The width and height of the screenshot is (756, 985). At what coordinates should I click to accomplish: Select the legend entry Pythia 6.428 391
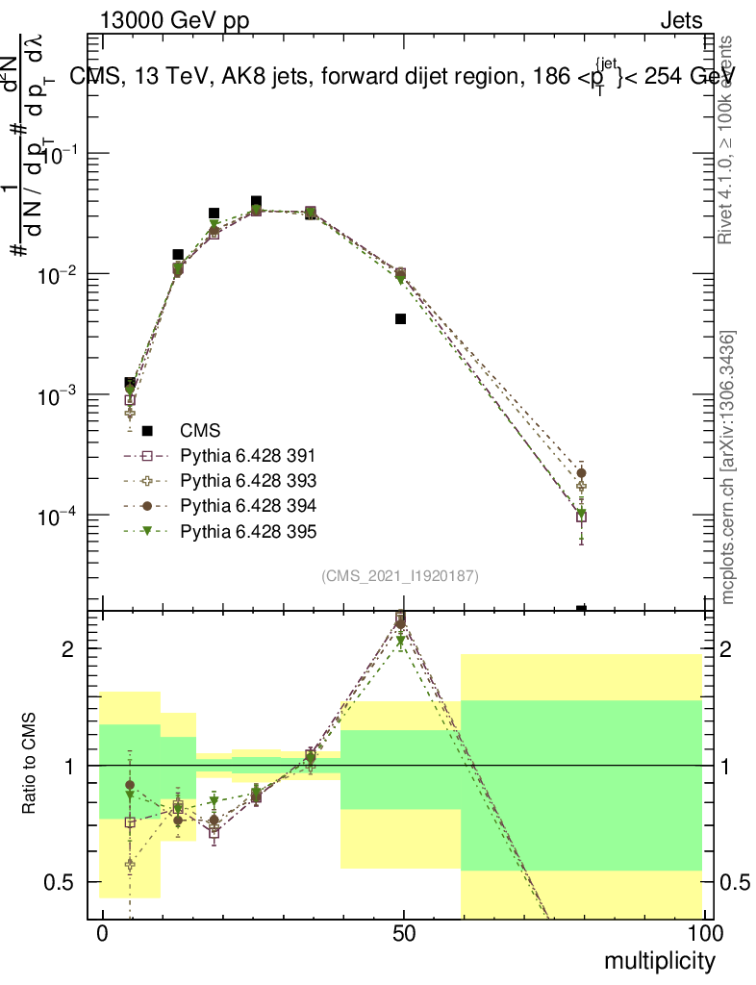pos(248,456)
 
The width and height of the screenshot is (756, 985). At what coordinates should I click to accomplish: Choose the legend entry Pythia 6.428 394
pos(248,506)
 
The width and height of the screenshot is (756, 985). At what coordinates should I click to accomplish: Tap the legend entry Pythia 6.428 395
pos(248,531)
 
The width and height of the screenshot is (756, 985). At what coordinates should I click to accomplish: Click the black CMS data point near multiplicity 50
pos(400,318)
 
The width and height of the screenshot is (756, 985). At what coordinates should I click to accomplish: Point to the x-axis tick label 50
pos(404,934)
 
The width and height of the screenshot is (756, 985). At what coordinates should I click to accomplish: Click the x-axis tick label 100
pos(704,934)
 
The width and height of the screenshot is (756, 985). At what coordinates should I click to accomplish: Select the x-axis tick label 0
pos(102,934)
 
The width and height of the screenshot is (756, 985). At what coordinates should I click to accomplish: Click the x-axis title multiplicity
pos(660,961)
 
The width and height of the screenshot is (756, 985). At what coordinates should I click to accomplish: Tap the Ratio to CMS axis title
pos(30,764)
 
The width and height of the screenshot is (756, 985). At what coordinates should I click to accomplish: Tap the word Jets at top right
pos(680,20)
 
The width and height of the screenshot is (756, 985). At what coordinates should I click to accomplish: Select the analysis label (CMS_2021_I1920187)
pos(400,576)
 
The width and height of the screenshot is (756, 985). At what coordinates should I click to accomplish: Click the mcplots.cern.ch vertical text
pos(728,467)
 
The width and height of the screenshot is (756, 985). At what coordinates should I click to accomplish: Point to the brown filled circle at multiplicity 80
pos(581,473)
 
